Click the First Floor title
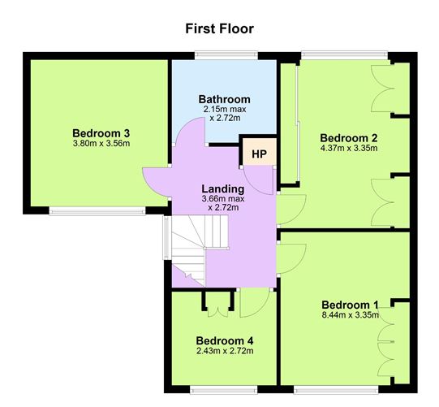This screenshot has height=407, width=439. tap(220, 28)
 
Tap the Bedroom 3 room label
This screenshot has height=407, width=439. tap(101, 133)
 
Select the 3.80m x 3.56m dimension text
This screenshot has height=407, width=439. tap(101, 144)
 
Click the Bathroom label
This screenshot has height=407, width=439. tap(224, 99)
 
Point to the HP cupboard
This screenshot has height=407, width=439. tap(259, 154)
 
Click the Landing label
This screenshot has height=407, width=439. tap(223, 188)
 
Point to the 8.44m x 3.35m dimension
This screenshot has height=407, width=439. tap(349, 316)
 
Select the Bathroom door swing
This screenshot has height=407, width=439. tap(188, 133)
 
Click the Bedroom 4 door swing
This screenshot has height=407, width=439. tap(253, 305)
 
